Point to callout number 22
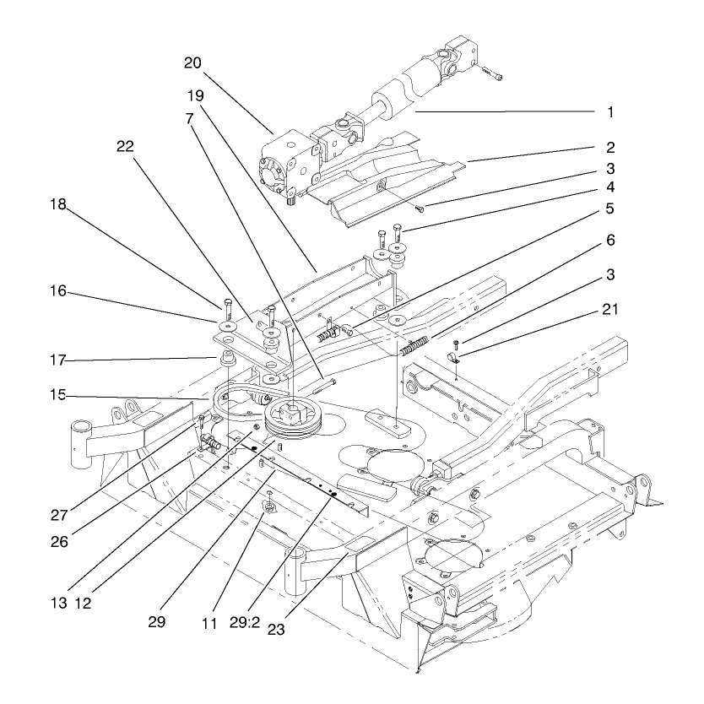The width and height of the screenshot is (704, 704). pos(126,145)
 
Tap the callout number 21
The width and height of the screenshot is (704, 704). pos(609,310)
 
